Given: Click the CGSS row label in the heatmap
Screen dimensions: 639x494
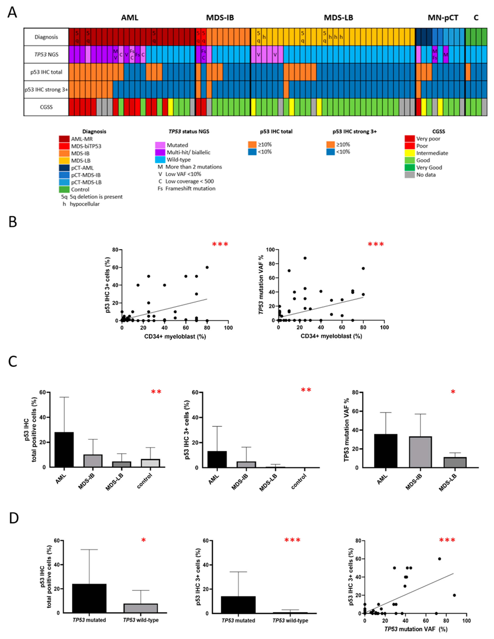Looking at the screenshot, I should (x=46, y=107).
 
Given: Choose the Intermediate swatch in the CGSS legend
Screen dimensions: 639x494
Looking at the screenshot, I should (x=410, y=153).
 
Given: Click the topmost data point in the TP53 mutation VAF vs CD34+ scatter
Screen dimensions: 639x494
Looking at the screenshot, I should (x=305, y=258).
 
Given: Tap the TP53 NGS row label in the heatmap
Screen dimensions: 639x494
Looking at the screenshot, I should (x=46, y=54).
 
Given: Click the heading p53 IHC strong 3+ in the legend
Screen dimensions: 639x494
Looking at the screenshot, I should (x=355, y=132).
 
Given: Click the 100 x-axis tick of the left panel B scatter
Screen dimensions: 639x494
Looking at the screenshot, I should (x=228, y=328).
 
